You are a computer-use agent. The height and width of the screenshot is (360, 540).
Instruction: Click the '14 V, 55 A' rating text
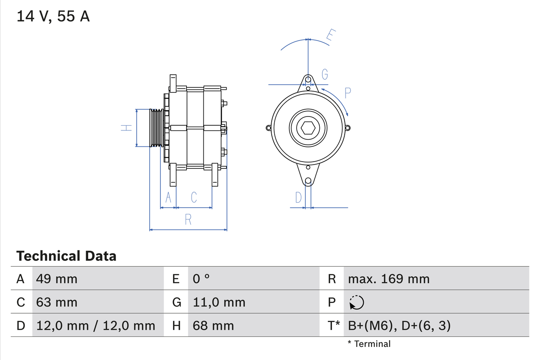click(53, 16)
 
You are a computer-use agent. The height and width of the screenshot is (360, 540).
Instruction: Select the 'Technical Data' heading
click(66, 256)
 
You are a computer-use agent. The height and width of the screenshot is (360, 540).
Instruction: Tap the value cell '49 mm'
click(57, 279)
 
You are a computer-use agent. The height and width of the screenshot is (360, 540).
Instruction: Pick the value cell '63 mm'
click(57, 302)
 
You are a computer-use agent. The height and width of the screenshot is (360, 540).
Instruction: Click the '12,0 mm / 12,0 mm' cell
click(96, 325)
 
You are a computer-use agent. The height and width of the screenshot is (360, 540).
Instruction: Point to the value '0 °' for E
click(201, 279)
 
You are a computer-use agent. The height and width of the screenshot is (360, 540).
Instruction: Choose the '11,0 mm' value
click(219, 302)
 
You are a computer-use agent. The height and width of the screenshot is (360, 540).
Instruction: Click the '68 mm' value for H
click(213, 325)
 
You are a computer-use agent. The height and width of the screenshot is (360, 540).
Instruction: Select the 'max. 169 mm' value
click(389, 279)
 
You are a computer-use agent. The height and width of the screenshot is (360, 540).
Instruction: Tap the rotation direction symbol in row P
click(356, 302)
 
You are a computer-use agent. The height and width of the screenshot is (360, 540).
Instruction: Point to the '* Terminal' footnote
click(369, 344)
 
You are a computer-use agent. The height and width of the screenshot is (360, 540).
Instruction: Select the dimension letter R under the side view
click(188, 219)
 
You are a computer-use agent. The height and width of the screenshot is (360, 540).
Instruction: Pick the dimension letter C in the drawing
click(194, 197)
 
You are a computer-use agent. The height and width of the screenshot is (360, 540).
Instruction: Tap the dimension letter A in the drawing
click(168, 197)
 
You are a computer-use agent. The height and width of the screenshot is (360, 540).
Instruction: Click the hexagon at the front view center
click(308, 128)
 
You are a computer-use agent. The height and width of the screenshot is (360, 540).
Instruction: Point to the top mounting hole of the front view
click(308, 79)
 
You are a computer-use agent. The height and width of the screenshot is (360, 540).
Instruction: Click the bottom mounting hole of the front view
click(308, 181)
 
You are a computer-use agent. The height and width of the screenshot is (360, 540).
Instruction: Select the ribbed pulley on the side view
click(157, 128)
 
